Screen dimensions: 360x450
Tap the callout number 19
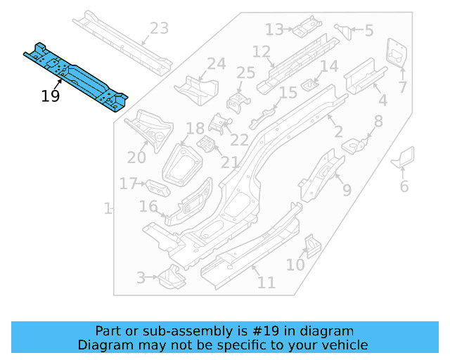[51, 96]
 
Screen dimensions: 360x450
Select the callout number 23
[160, 29]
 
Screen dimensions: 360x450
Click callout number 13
[274, 29]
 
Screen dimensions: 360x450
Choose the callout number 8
[378, 122]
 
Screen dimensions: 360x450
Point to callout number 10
[295, 264]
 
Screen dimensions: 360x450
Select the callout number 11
[266, 283]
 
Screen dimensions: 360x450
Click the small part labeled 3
[169, 278]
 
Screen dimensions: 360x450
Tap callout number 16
[148, 206]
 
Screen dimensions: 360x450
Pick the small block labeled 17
[158, 188]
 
